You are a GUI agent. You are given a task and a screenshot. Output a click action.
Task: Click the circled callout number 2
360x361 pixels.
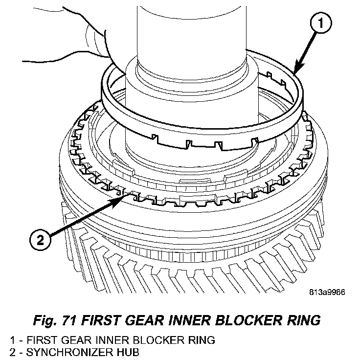[x=40, y=240]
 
